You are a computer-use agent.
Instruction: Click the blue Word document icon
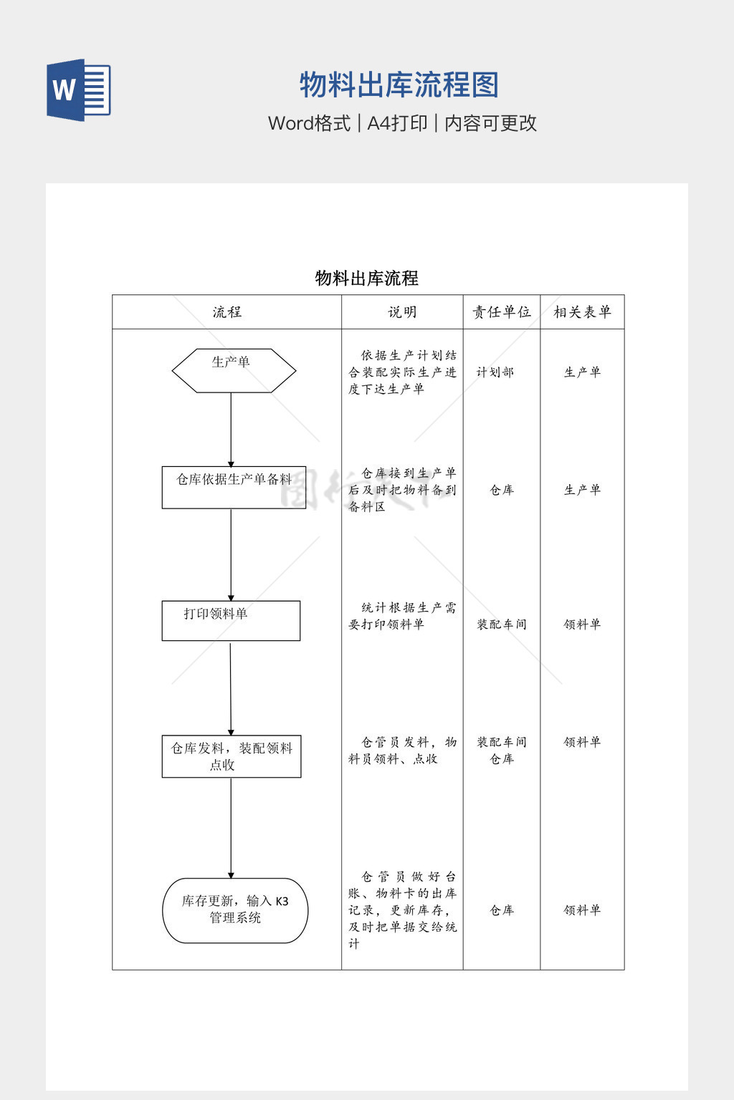(x=79, y=90)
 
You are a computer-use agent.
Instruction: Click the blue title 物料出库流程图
(x=399, y=85)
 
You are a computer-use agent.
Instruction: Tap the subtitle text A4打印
(x=397, y=123)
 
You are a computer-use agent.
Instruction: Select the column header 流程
(x=227, y=312)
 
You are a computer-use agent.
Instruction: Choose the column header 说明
(x=402, y=312)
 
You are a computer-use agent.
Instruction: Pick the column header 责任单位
(x=502, y=312)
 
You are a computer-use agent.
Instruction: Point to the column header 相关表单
(x=582, y=312)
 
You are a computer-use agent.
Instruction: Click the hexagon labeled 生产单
(x=234, y=370)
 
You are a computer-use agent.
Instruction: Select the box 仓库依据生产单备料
(x=234, y=488)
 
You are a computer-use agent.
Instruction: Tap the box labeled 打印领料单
(x=231, y=620)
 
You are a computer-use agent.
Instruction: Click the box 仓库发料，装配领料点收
(x=232, y=756)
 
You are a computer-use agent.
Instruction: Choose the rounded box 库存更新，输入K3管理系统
(x=235, y=910)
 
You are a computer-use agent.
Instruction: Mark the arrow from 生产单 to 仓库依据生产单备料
(x=231, y=430)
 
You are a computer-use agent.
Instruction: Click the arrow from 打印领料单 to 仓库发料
(x=231, y=688)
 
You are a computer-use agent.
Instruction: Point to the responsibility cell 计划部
(x=495, y=372)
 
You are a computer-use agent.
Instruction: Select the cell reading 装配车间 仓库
(x=502, y=751)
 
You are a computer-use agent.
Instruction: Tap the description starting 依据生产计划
(x=402, y=372)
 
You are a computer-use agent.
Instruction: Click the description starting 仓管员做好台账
(x=402, y=910)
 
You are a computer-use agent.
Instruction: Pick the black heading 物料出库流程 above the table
(x=367, y=278)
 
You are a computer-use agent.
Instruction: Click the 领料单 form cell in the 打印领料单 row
(x=582, y=624)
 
